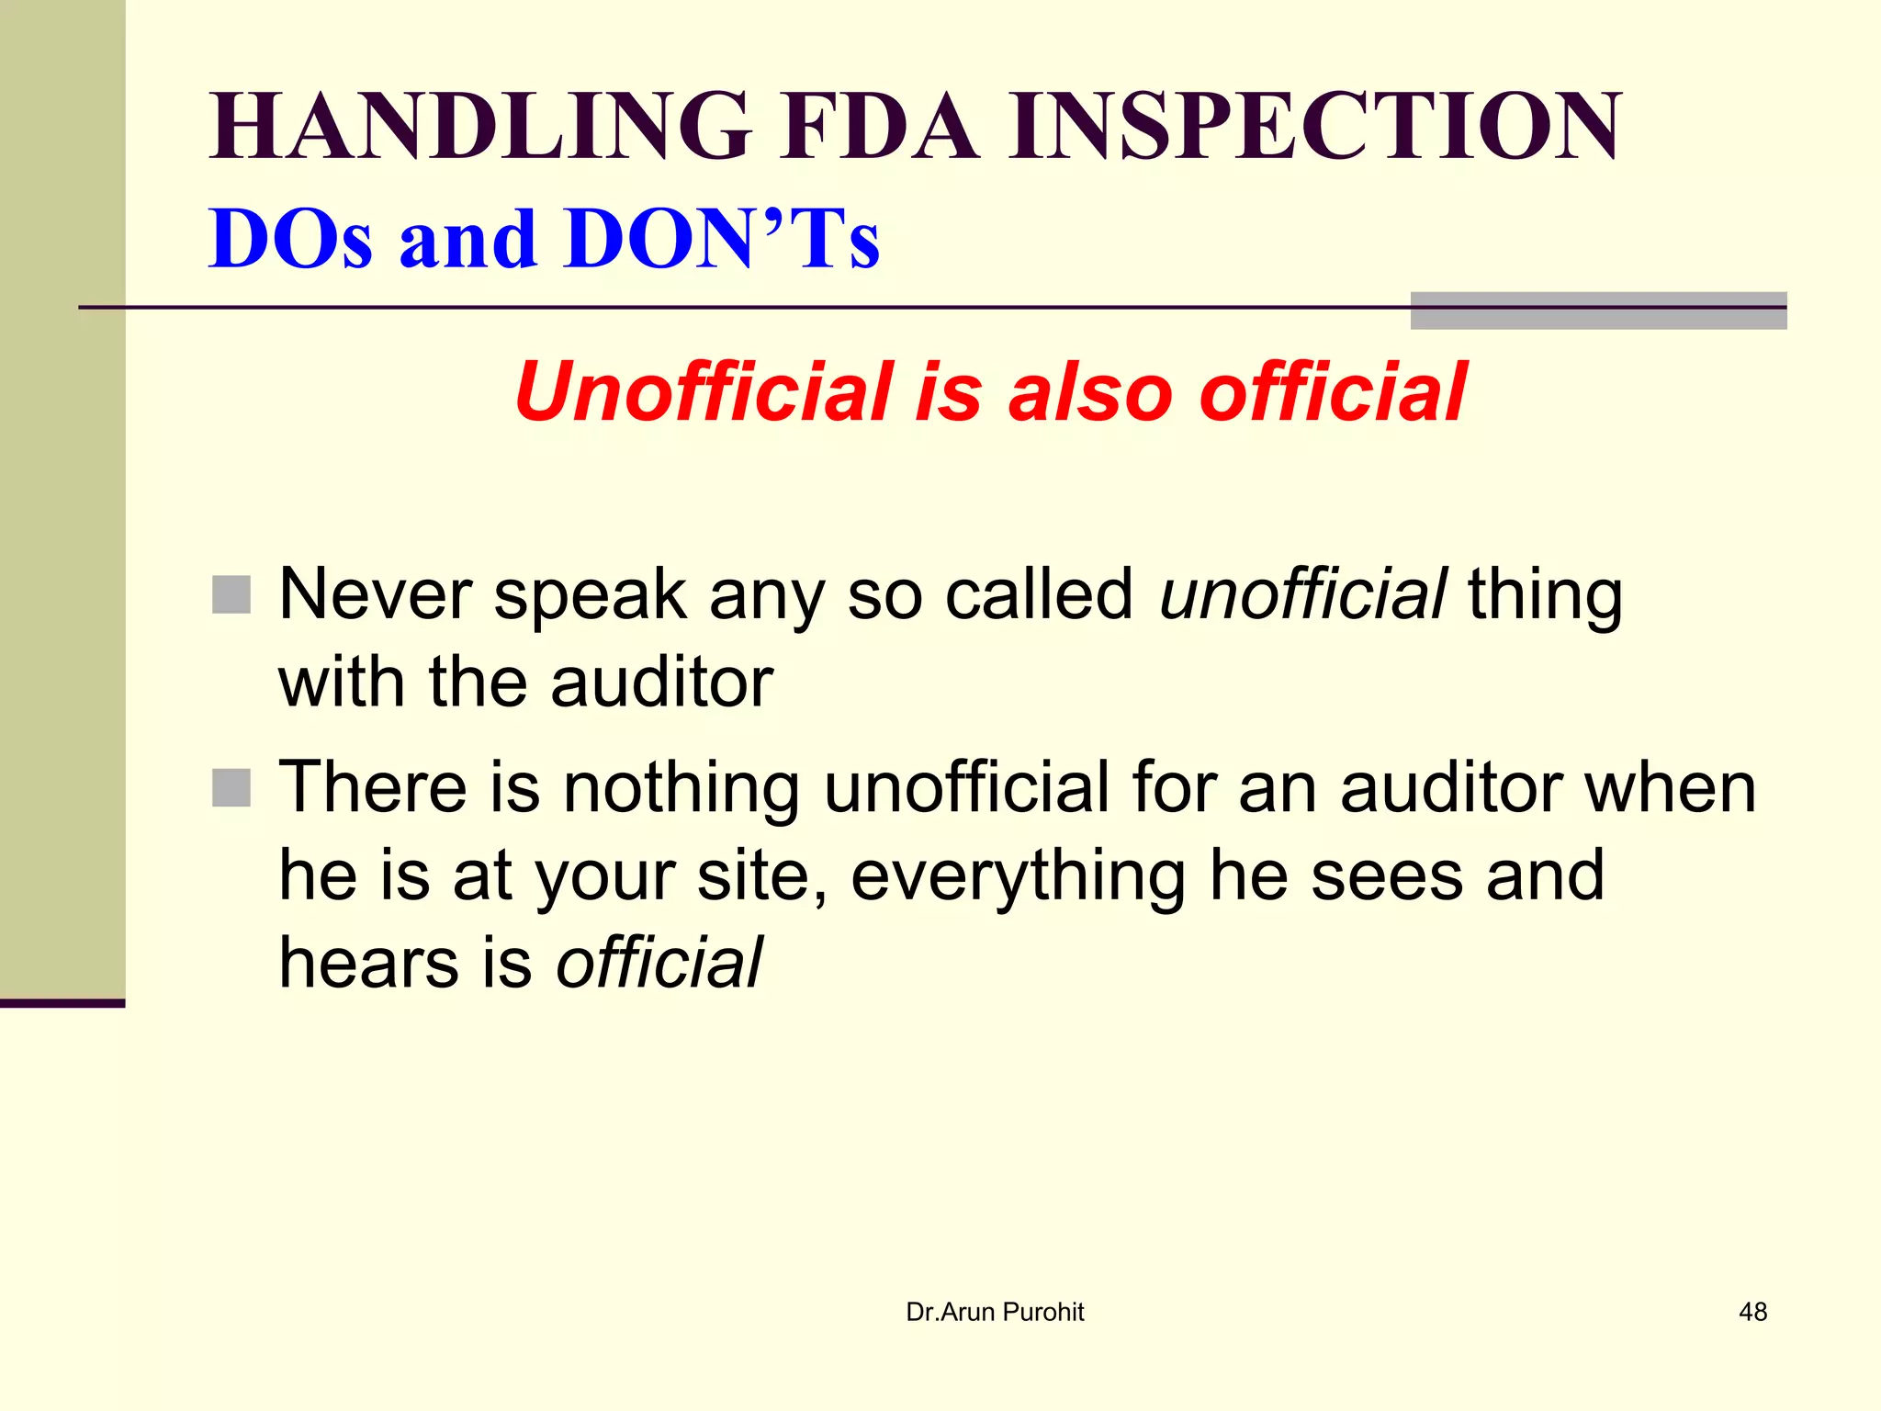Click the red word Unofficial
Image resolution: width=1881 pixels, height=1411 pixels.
coord(704,392)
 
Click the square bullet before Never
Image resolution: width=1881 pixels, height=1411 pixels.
coord(231,594)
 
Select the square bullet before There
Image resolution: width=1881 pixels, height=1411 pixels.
coord(231,787)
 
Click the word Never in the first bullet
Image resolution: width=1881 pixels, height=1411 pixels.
coord(375,594)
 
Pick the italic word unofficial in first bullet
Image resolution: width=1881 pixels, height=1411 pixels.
coord(1303,594)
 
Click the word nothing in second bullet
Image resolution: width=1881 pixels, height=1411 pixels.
coord(681,788)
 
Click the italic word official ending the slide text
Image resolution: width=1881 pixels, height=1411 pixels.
coord(659,963)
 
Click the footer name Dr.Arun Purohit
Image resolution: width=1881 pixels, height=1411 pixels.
coord(995,1312)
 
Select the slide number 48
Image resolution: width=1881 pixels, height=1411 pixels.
coord(1752,1312)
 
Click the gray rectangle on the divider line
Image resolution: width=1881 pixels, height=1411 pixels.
coord(1598,310)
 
